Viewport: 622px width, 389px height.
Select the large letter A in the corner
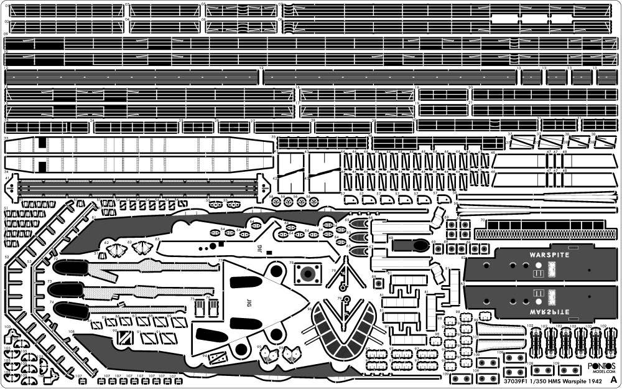pos(614,378)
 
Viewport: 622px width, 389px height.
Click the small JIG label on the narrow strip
pos(259,247)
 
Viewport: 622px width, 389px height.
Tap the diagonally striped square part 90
pos(126,338)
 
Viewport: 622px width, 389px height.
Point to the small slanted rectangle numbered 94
pos(218,357)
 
